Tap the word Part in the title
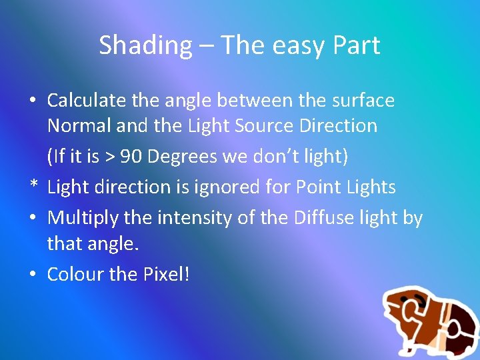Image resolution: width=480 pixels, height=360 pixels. (355, 46)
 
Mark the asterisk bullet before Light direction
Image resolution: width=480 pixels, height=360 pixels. (32, 188)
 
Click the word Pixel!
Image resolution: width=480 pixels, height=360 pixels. (164, 274)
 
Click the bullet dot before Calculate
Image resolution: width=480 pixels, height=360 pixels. (32, 101)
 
